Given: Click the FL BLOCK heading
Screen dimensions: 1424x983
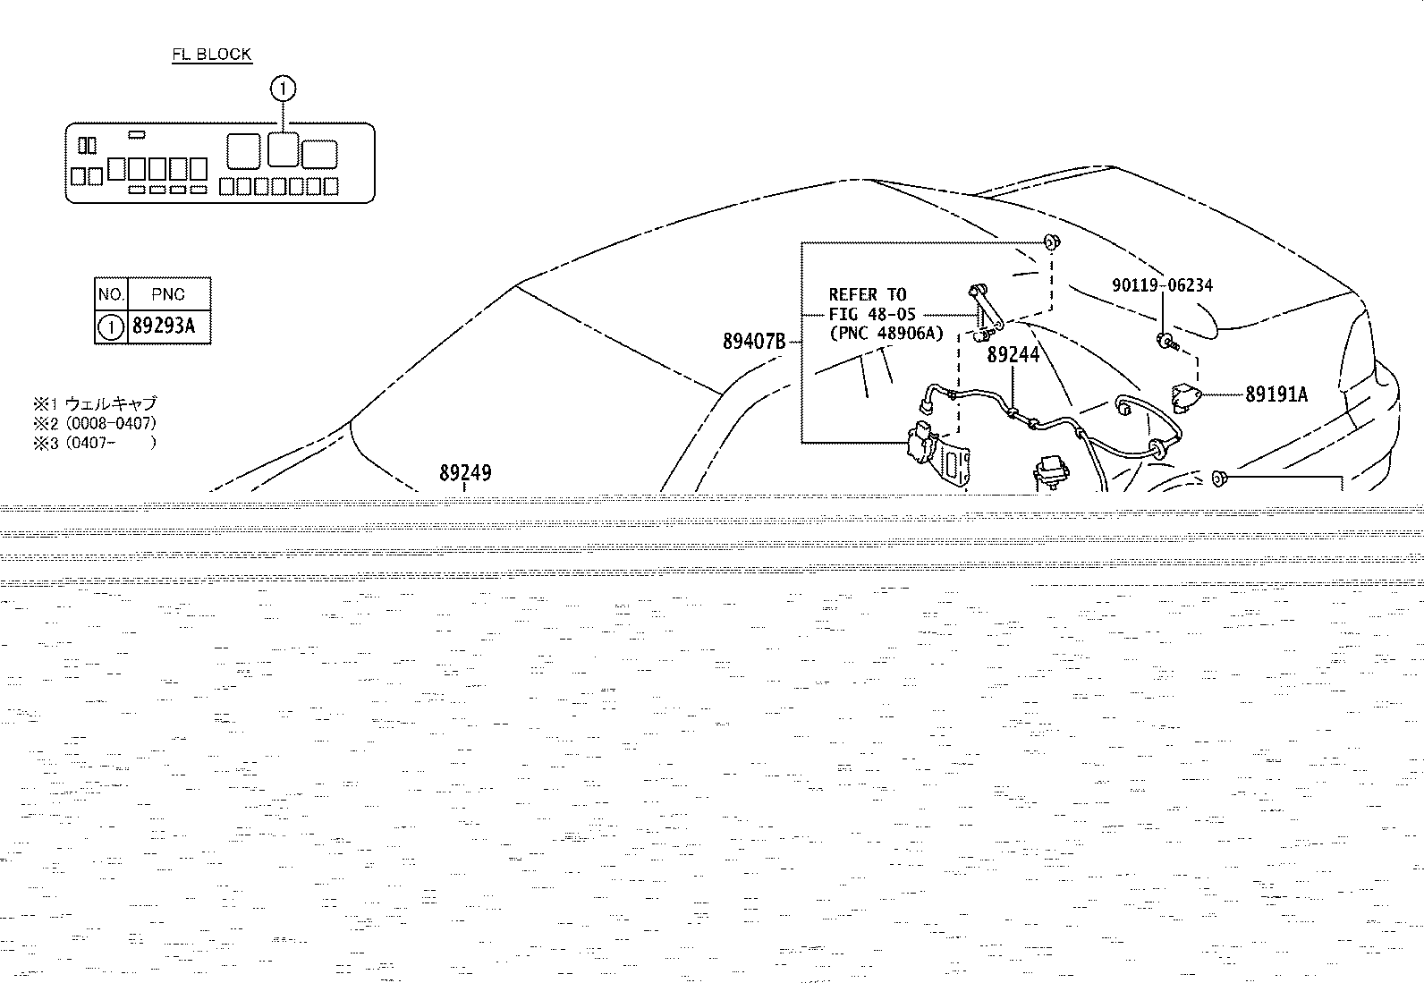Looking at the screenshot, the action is click(x=212, y=54).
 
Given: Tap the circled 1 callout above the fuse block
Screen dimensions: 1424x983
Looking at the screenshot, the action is click(x=283, y=89).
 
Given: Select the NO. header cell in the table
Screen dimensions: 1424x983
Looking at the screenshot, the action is click(x=111, y=294).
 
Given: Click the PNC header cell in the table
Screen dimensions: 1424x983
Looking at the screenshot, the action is click(x=168, y=294).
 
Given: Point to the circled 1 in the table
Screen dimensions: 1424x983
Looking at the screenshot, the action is click(x=111, y=327).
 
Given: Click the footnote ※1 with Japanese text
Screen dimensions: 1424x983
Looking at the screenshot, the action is click(x=95, y=403).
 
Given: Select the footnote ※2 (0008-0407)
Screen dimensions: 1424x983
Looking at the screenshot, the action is click(x=95, y=423).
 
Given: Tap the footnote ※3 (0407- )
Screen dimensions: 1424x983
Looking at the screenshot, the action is click(x=95, y=443).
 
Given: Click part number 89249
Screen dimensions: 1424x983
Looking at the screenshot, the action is click(x=465, y=472).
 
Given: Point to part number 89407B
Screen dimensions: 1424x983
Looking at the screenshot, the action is click(x=754, y=342).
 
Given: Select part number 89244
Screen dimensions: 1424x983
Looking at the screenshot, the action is click(x=1013, y=354).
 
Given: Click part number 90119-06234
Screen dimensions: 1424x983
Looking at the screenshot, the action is click(x=1162, y=284).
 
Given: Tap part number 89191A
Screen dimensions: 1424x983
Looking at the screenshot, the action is click(x=1276, y=394).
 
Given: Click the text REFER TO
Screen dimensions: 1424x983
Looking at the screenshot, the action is click(x=868, y=294).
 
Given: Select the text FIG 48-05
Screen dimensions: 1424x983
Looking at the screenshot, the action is click(x=872, y=314).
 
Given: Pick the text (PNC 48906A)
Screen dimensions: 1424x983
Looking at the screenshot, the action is click(x=886, y=333).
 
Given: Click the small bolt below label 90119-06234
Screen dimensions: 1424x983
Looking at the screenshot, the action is click(x=1167, y=342).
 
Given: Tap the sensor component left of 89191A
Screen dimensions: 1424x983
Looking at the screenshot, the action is click(x=1184, y=394).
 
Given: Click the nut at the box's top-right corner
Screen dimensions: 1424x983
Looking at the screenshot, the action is click(x=1052, y=242).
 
